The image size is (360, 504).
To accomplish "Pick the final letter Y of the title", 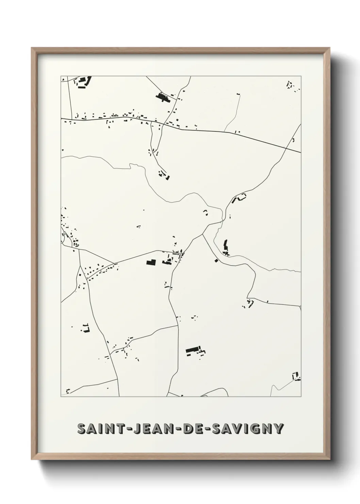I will point(278,428).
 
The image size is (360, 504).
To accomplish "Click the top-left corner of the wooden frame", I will point(32,48).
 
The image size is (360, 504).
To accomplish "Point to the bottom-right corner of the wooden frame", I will point(330,460).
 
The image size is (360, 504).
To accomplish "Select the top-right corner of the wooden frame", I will point(330,48).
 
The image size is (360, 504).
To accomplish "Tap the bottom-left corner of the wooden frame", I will point(32,460).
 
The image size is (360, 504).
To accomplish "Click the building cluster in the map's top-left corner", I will point(83,82).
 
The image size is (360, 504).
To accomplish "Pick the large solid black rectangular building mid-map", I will point(151,262).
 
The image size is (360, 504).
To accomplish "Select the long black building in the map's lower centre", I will point(193,350).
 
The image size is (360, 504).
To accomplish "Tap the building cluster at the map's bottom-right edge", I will point(296,376).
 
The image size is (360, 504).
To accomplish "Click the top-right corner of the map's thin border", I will point(301,76).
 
